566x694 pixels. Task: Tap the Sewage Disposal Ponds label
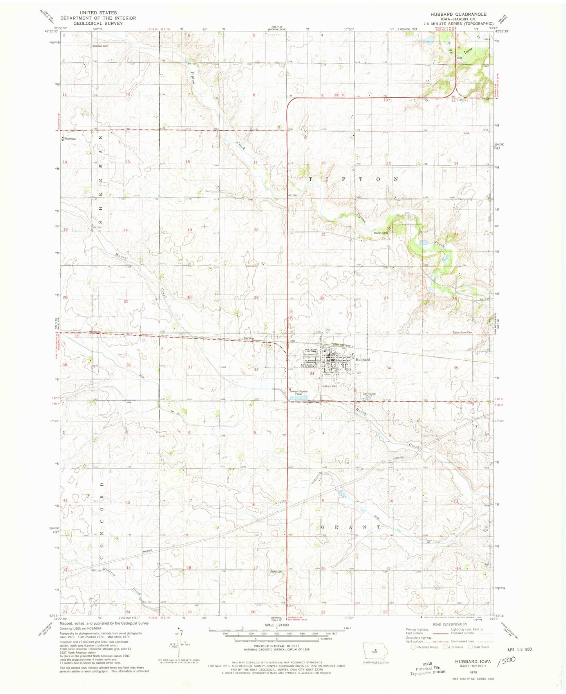point(298,392)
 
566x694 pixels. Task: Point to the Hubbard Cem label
point(329,386)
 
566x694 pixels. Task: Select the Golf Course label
point(369,394)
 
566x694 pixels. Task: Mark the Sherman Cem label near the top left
point(100,46)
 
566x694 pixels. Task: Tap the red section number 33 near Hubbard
point(312,374)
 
